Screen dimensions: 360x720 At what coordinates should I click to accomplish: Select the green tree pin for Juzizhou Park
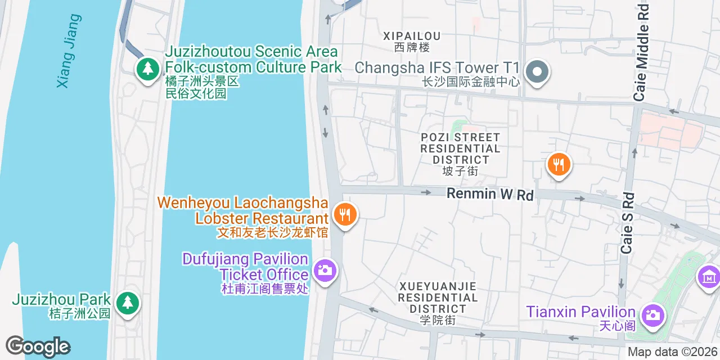click(x=128, y=303)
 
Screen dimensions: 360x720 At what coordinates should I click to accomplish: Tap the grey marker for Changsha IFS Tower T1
click(x=537, y=72)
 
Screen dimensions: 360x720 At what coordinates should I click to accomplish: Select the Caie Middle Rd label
click(x=642, y=53)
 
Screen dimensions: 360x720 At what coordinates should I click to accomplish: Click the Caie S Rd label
click(x=628, y=223)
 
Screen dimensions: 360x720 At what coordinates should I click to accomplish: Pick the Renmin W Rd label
click(x=490, y=194)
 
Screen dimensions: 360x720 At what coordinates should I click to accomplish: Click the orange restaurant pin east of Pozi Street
click(x=559, y=165)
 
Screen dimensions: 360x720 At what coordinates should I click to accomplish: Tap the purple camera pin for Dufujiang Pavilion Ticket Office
click(x=325, y=271)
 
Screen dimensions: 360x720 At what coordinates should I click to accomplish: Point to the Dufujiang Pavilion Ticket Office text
click(x=245, y=267)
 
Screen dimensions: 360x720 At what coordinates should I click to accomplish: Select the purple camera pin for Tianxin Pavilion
click(x=652, y=315)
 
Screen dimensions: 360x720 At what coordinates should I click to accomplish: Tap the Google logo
click(x=38, y=346)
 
